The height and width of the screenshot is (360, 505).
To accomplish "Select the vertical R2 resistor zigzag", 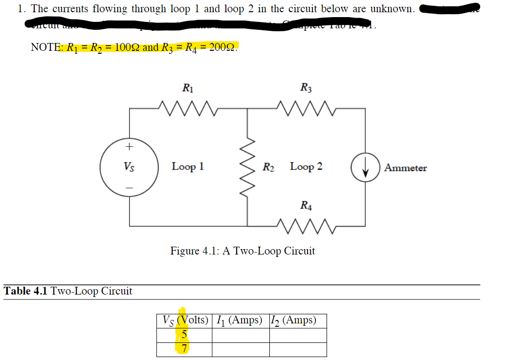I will click(247, 167).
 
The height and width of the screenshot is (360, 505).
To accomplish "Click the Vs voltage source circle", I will click(129, 167).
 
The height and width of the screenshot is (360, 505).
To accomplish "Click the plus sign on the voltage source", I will click(129, 146).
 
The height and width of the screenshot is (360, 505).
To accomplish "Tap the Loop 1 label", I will click(188, 167).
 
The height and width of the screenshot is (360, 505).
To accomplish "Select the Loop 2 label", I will click(306, 167).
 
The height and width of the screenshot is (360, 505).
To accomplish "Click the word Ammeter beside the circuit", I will click(405, 168).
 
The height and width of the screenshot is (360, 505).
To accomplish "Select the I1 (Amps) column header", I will click(240, 321).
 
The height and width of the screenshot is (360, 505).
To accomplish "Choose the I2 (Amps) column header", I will click(297, 321).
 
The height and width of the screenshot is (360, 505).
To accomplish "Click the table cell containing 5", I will click(184, 335).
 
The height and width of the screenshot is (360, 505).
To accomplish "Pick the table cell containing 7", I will click(184, 349).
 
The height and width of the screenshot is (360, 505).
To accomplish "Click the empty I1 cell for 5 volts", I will click(240, 335).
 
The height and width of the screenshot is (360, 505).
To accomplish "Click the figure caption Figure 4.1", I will click(242, 251).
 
